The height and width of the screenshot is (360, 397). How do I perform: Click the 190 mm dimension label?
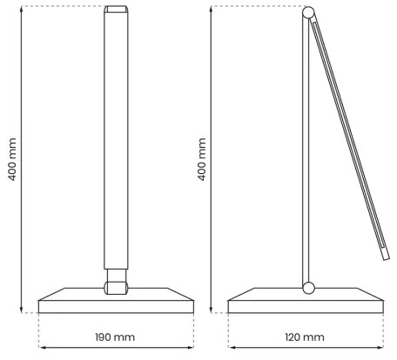pyautogui.click(x=115, y=337)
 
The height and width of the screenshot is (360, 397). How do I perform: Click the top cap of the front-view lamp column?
pyautogui.click(x=115, y=12)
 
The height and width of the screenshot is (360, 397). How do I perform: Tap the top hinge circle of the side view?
pyautogui.click(x=307, y=13)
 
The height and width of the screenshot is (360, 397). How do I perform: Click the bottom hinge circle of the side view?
pyautogui.click(x=307, y=288)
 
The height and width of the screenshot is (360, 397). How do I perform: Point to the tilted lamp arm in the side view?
pyautogui.click(x=348, y=139)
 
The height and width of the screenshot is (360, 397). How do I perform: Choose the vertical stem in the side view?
pyautogui.click(x=307, y=148)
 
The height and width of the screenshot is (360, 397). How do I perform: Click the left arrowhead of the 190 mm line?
pyautogui.click(x=42, y=350)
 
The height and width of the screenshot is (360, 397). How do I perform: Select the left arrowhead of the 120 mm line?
pyautogui.click(x=231, y=350)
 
